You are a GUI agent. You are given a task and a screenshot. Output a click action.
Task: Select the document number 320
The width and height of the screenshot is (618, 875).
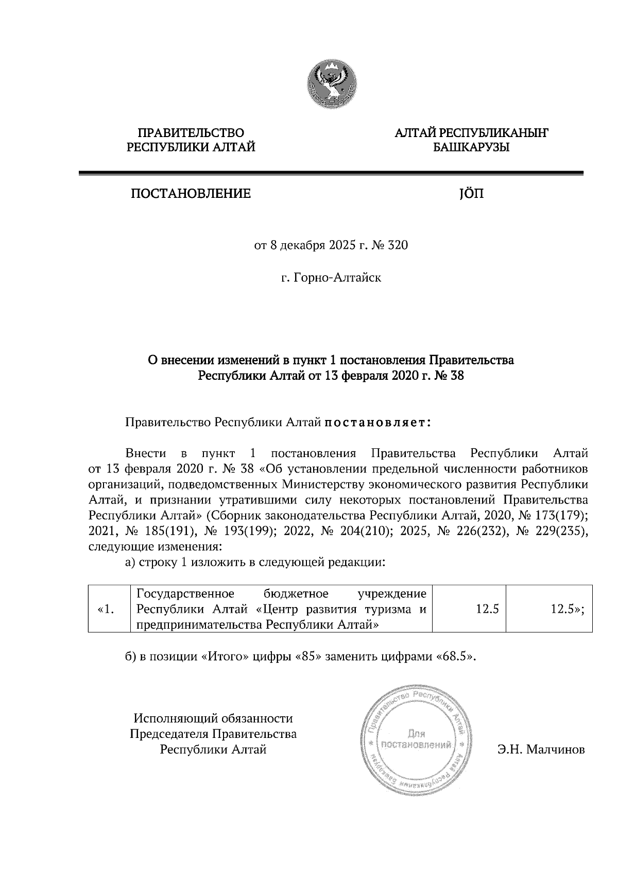[x=398, y=245]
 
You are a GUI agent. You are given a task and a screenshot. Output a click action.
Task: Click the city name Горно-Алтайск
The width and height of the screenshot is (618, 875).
[x=337, y=278]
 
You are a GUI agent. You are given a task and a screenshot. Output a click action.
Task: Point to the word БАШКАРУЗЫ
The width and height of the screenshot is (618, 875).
[x=471, y=148]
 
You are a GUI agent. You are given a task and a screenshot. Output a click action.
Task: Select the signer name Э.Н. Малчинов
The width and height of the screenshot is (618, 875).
[x=541, y=750]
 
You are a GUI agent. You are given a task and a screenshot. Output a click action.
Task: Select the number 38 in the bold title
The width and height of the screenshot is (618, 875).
[x=457, y=376]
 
